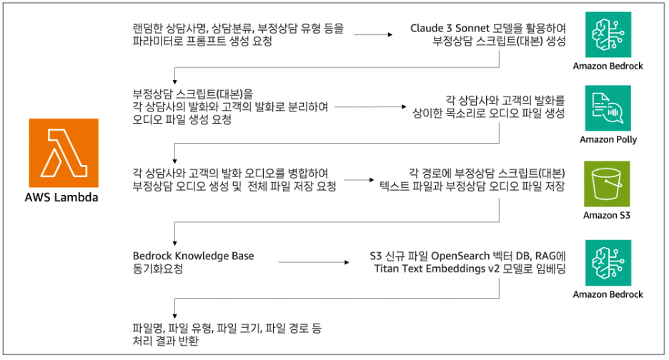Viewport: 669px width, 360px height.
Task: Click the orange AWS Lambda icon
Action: click(x=65, y=153)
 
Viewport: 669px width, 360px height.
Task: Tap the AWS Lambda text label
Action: click(x=65, y=197)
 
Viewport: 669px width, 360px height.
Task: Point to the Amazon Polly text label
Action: click(x=608, y=139)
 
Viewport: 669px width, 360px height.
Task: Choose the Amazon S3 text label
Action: click(x=608, y=214)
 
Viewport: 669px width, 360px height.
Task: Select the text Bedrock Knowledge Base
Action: click(x=193, y=256)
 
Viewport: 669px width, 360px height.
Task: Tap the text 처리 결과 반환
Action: click(x=165, y=341)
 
